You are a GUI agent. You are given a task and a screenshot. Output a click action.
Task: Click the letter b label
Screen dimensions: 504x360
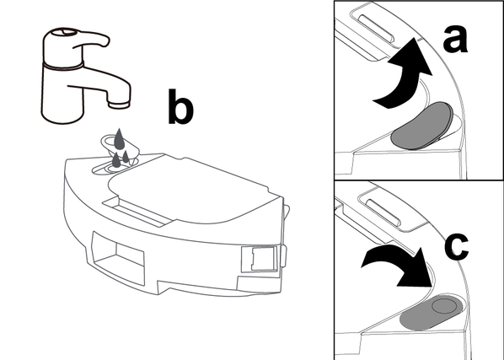pyautogui.click(x=180, y=107)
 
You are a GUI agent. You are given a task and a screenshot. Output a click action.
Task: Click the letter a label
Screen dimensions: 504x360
pyautogui.click(x=455, y=40)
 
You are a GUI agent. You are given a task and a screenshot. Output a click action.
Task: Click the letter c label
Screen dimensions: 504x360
pyautogui.click(x=457, y=246)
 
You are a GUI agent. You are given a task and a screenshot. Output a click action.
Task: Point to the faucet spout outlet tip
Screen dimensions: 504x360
pyautogui.click(x=119, y=105)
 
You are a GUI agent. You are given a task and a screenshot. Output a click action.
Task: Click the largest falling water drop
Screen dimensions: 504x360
pyautogui.click(x=119, y=139)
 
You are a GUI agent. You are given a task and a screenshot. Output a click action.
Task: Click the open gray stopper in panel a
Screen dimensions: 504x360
pyautogui.click(x=421, y=126)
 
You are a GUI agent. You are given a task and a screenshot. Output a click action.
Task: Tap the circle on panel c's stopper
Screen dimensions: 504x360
pyautogui.click(x=444, y=305)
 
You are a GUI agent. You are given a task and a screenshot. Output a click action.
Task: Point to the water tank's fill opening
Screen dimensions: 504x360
pyautogui.click(x=115, y=167)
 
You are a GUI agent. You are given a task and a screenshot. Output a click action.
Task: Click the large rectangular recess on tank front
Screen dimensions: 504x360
pyautogui.click(x=118, y=258)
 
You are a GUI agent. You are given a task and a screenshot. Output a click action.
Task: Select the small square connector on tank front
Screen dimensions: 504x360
pyautogui.click(x=259, y=259)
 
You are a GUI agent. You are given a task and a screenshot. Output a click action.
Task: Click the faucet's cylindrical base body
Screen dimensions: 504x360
pyautogui.click(x=63, y=94)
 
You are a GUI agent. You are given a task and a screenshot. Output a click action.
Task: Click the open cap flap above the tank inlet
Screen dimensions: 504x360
pyautogui.click(x=120, y=145)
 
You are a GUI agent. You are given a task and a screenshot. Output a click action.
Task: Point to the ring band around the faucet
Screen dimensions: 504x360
pyautogui.click(x=63, y=66)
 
